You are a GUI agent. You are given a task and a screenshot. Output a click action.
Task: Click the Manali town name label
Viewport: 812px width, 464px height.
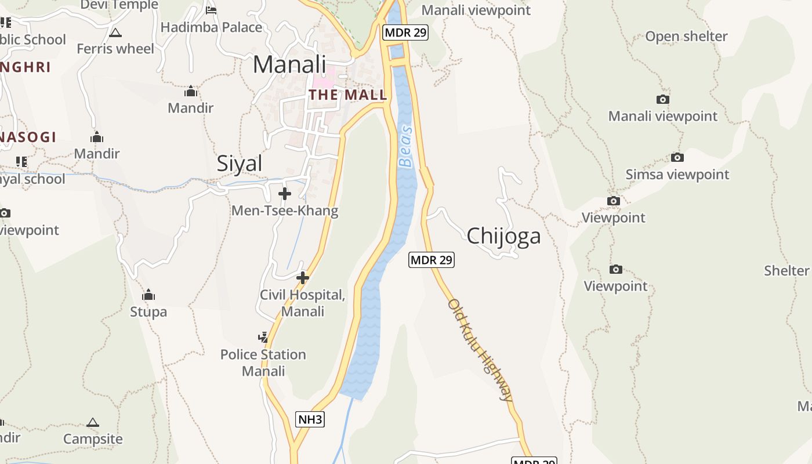click(289, 64)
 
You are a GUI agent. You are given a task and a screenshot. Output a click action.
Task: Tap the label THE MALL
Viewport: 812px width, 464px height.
click(348, 95)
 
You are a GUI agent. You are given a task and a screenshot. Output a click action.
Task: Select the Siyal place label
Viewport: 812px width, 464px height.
click(240, 164)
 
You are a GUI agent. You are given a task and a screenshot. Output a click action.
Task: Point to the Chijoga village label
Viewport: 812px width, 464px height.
click(503, 236)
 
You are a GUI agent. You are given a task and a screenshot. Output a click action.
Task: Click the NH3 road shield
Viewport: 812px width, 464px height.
click(310, 419)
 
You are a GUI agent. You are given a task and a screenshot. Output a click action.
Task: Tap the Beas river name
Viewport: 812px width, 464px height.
click(406, 146)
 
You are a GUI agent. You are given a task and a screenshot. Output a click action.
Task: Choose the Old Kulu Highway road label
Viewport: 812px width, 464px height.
click(481, 350)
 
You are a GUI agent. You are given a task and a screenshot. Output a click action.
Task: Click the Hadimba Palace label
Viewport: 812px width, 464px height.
click(211, 27)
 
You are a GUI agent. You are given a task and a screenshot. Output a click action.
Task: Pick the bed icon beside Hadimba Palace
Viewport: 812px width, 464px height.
click(211, 10)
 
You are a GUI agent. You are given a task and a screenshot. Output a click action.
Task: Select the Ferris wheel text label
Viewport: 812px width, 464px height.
click(115, 49)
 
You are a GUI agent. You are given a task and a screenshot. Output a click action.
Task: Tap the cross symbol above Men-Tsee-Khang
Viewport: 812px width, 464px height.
click(285, 194)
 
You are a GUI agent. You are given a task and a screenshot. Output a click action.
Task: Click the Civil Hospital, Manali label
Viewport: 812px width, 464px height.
click(302, 303)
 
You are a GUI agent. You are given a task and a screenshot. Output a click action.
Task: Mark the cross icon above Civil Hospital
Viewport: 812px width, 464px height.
click(302, 278)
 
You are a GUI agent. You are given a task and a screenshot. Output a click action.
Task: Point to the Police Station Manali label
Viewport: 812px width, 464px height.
click(263, 362)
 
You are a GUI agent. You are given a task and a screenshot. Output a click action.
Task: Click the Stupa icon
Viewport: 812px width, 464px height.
click(148, 295)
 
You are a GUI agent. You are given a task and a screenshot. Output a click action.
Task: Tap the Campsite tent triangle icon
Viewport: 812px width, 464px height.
click(93, 422)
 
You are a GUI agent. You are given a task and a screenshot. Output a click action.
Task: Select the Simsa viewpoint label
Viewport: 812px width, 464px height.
click(677, 175)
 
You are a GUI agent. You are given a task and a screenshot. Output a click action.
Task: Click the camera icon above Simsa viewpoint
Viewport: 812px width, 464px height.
click(677, 157)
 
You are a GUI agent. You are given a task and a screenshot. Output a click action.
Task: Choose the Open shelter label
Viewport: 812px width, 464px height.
click(686, 37)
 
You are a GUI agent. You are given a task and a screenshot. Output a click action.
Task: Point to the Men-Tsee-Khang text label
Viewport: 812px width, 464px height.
click(285, 211)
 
